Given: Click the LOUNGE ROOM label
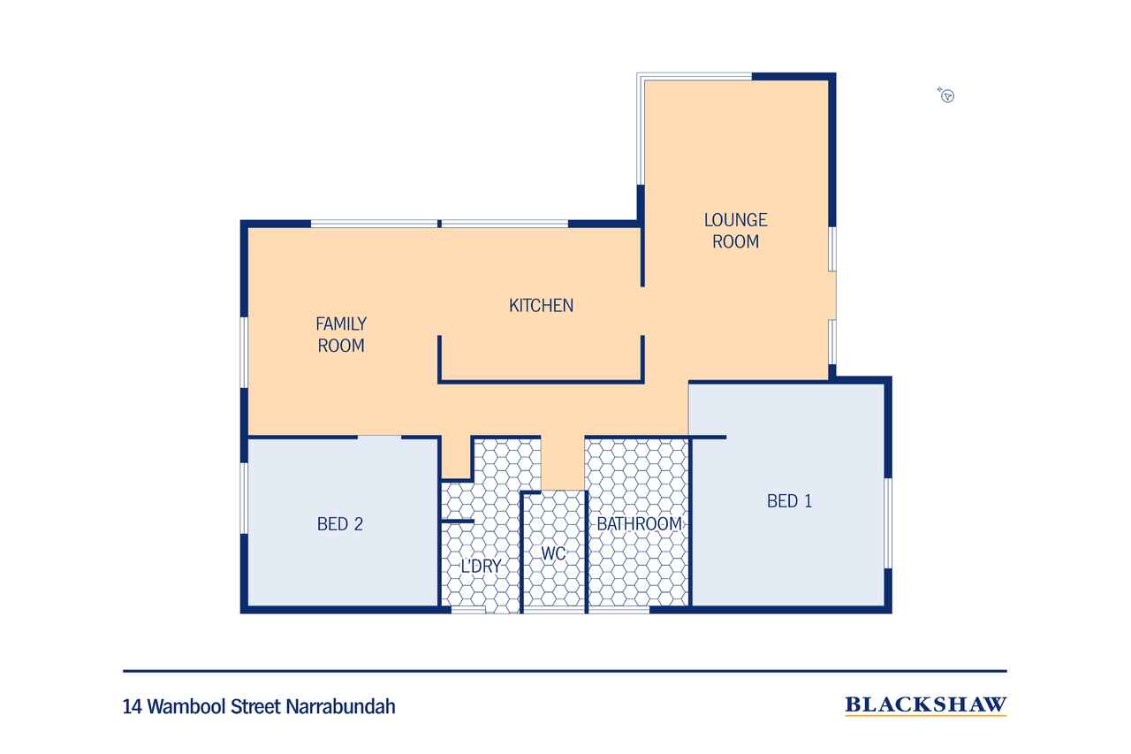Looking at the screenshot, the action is coord(735,231).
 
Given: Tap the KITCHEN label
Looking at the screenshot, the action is coord(541,306).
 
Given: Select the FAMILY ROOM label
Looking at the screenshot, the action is coord(341,334).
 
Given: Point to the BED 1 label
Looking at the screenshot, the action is coord(789,501).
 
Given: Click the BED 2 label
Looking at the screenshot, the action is coord(340,524).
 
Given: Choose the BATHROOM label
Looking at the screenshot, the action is coord(639,524).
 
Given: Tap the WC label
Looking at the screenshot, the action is coord(553,553).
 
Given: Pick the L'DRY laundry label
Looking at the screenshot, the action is coord(481,566).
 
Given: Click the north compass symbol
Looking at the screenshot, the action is coord(946,95).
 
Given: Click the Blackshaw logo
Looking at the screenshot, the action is coord(925,705).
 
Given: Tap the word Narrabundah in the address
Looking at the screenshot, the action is coord(341,706).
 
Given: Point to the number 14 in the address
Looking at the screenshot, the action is coord(133,707).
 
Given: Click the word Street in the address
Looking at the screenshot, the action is coord(256,706).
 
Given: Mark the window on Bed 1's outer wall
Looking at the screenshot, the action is coord(888,523).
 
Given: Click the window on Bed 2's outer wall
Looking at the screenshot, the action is coord(244,499).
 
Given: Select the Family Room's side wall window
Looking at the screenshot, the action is coord(244,353).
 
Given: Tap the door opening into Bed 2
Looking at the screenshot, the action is coord(379,437).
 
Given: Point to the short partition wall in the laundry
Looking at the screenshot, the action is coord(458,522).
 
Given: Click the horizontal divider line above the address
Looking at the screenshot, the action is coord(565,671).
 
